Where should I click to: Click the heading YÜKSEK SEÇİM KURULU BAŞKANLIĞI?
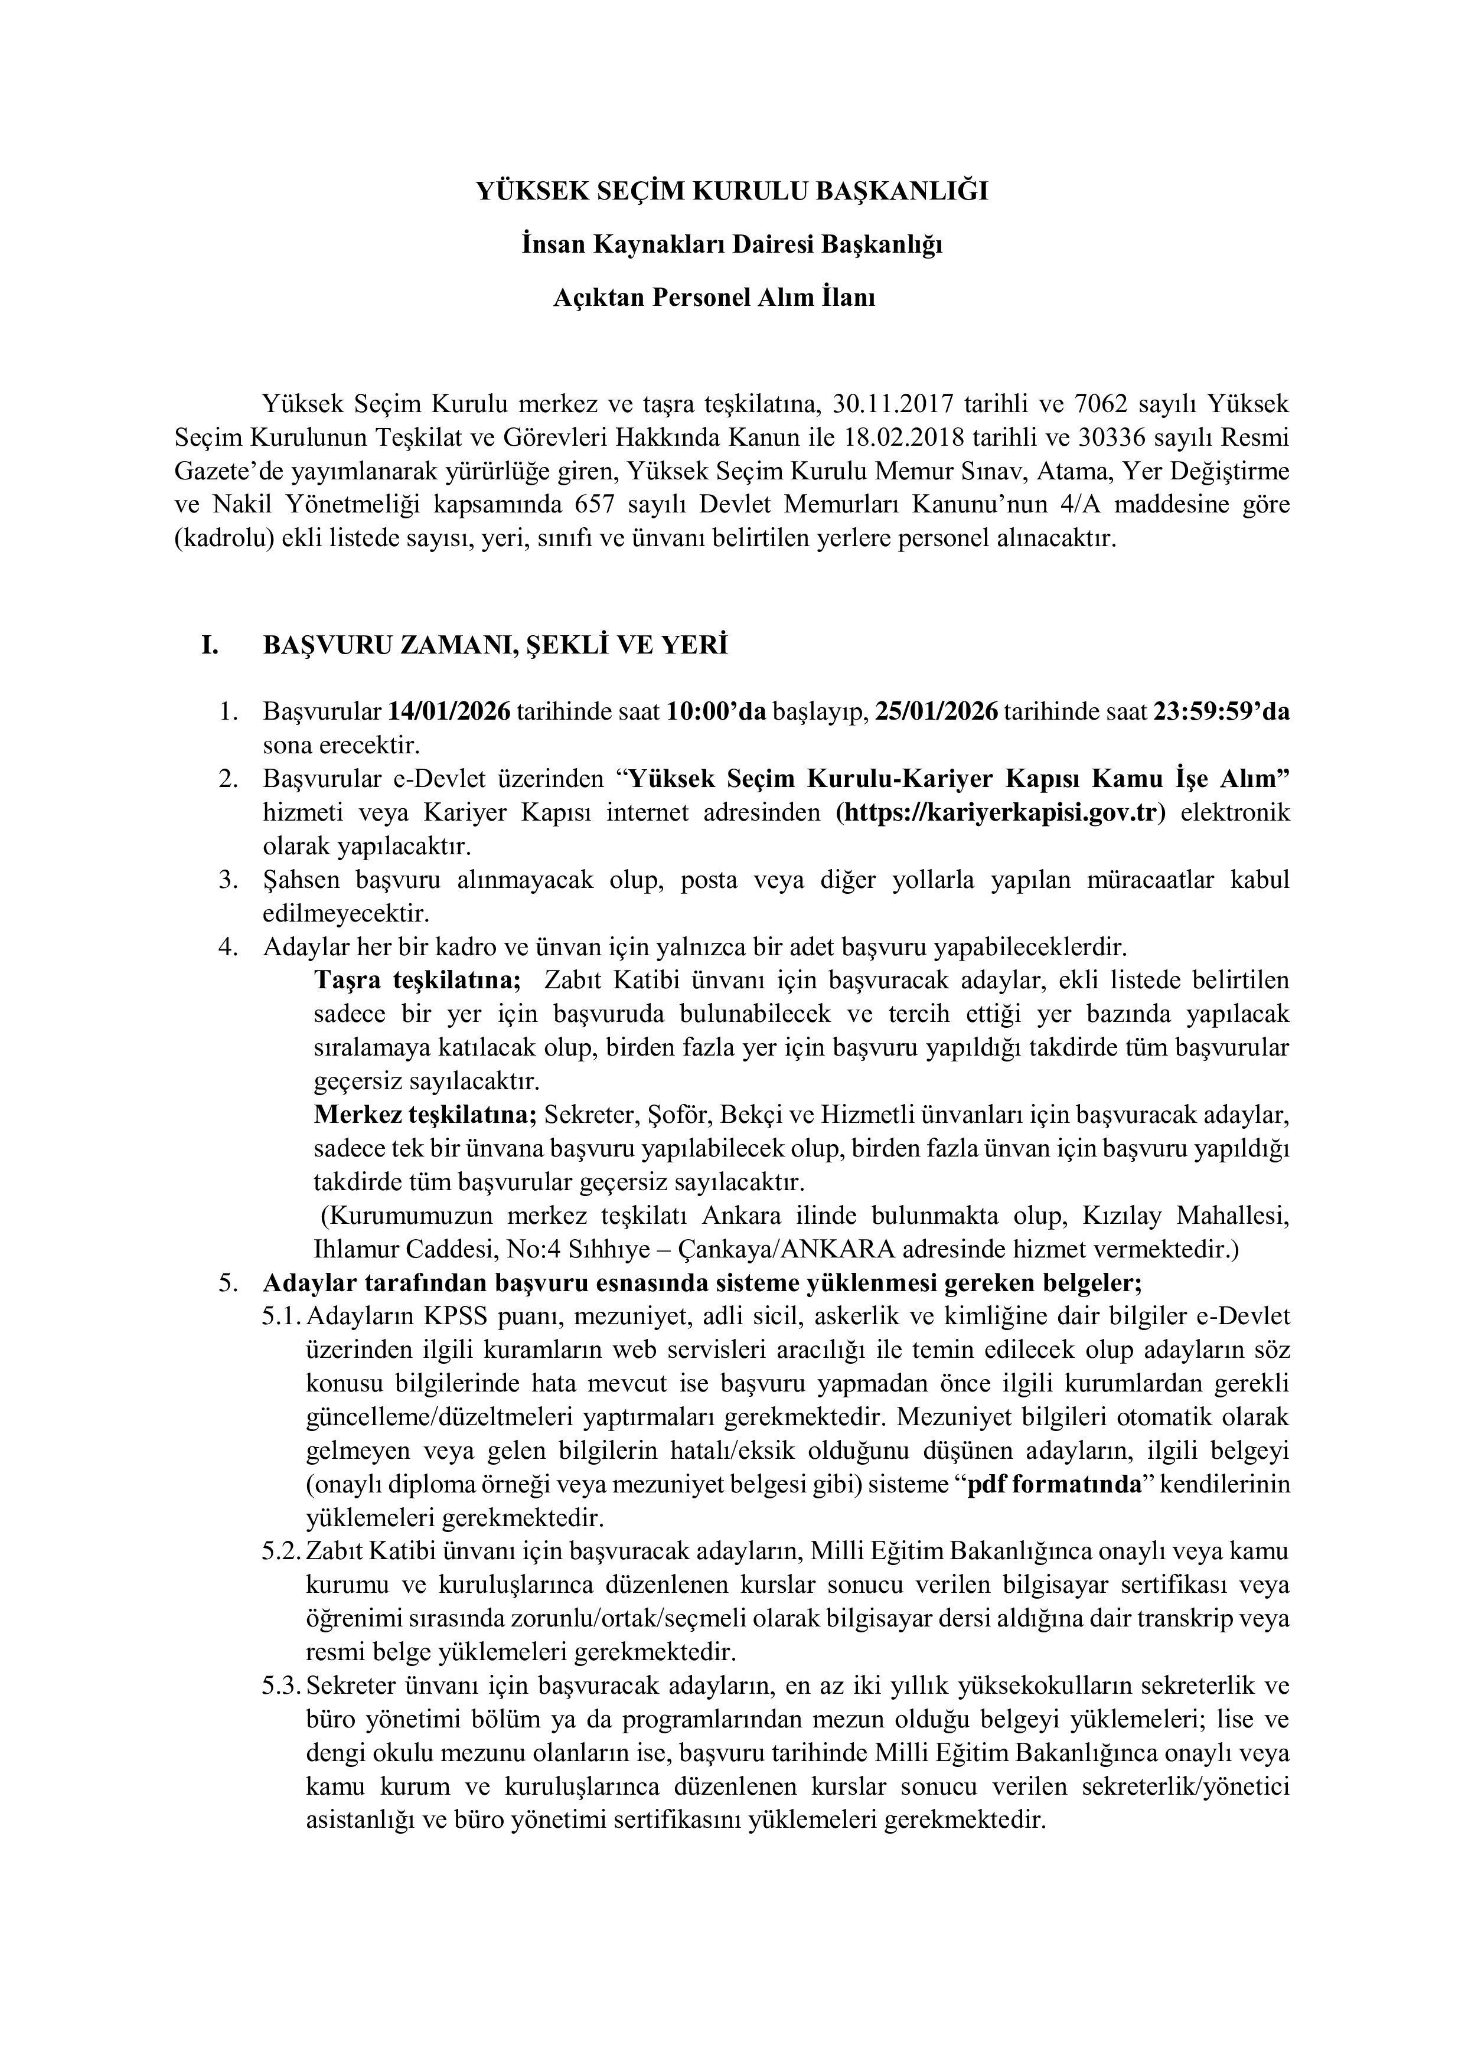point(732,192)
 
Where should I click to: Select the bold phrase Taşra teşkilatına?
point(417,981)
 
